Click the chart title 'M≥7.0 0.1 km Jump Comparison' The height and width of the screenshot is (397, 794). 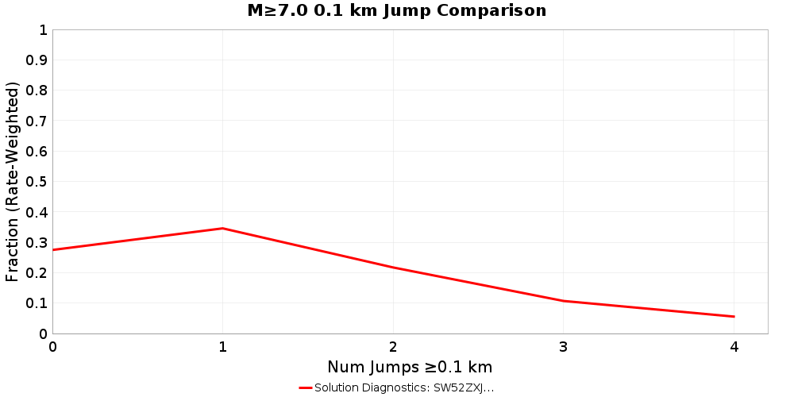click(397, 11)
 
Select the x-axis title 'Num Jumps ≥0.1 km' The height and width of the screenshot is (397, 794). click(410, 367)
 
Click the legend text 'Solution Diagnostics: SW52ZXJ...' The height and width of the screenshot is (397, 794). click(404, 387)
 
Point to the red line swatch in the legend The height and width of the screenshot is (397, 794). click(305, 387)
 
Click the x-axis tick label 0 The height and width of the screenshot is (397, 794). click(52, 347)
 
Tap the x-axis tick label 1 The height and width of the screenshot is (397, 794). click(223, 347)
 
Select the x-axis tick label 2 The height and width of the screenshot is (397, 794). click(393, 347)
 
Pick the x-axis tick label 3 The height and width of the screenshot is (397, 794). click(564, 347)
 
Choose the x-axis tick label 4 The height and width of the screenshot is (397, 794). click(734, 347)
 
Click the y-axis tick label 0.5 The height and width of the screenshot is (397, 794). click(37, 182)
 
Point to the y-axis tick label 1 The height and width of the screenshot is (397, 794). click(43, 30)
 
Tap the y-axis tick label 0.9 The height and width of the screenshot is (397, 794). click(37, 60)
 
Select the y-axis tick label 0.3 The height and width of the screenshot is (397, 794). click(37, 243)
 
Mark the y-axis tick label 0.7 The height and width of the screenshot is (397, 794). click(37, 121)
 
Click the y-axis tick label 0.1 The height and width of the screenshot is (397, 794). click(37, 303)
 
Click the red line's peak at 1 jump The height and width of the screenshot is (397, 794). click(223, 229)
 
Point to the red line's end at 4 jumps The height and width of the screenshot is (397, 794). click(734, 317)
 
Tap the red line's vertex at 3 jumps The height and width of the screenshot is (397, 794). click(564, 301)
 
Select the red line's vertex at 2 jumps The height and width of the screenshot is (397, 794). click(393, 268)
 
